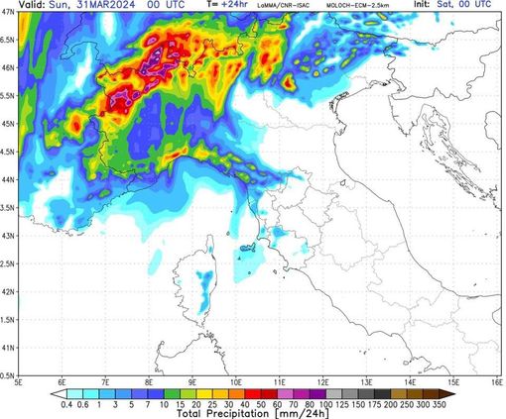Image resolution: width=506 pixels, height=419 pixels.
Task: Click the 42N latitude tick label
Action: click(8, 292)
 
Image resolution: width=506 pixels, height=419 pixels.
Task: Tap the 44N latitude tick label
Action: click(8, 180)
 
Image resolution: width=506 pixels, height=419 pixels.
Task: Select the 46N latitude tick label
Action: click(8, 68)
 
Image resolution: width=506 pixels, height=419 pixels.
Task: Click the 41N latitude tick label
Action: click(8, 349)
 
